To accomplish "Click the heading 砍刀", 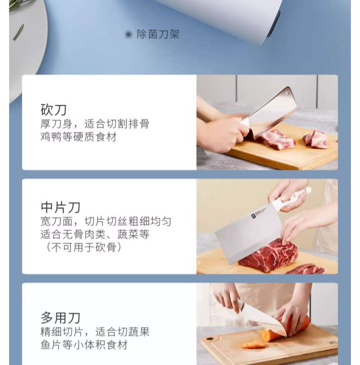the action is tap(54, 109).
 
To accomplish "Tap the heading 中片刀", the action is tap(61, 208).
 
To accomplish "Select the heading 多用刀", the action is tap(61, 318).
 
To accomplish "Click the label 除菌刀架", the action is tap(158, 35).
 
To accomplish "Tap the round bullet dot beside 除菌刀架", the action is tap(128, 35).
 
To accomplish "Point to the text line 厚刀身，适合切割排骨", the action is tap(95, 124).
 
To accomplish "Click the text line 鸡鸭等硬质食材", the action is tap(78, 137).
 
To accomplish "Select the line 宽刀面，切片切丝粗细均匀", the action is tap(106, 221).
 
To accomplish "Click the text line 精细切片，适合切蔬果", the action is tap(95, 332).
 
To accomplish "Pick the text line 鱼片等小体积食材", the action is tap(84, 345).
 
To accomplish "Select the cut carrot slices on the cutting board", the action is tap(253, 344).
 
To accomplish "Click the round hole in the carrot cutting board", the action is tap(210, 338).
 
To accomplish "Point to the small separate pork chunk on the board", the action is tap(316, 139).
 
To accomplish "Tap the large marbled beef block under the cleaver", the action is tap(268, 255).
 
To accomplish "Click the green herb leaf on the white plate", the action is tap(18, 32).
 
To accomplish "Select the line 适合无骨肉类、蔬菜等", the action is tap(95, 235).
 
